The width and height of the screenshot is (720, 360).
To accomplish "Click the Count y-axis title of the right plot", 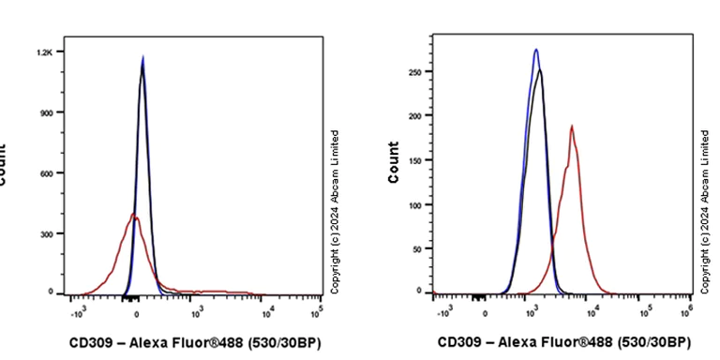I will click(394, 162).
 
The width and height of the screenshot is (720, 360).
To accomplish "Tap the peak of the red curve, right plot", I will click(571, 126).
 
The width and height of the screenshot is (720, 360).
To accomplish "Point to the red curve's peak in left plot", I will click(133, 215).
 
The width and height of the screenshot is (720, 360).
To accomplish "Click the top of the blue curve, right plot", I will click(535, 50).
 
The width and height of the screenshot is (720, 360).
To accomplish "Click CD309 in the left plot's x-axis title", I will click(91, 342).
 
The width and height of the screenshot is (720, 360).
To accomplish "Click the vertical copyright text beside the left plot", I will click(335, 212).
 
